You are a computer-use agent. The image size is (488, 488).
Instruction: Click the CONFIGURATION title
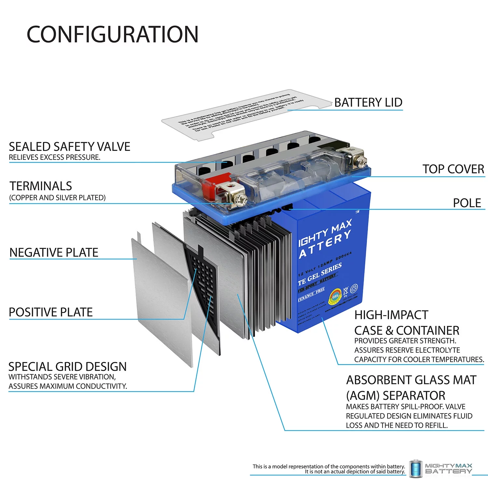point(112,34)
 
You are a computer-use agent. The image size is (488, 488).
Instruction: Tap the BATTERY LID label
point(368,102)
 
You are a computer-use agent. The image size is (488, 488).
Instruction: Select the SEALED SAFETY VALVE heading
point(69,147)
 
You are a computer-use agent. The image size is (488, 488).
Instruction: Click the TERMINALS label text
point(41,186)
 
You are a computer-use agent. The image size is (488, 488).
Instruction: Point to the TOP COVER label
point(453,169)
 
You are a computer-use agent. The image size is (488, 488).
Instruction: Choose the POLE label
point(467,203)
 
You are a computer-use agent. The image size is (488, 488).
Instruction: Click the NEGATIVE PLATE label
point(54,252)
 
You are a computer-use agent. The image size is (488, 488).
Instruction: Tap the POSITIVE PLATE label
point(51,312)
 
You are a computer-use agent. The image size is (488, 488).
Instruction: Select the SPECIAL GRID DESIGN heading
point(67,367)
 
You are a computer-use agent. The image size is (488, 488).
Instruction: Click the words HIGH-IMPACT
point(391,315)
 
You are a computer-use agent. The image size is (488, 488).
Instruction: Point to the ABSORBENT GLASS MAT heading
point(411,380)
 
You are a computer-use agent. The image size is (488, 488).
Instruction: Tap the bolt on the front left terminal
point(240,200)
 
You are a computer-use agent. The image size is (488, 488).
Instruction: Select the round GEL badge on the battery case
point(335,296)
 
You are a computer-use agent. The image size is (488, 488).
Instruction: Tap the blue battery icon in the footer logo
point(415,469)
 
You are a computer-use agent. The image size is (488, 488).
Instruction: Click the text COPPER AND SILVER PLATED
point(57,198)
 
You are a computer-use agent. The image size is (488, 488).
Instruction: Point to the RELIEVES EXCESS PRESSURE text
point(54,157)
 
